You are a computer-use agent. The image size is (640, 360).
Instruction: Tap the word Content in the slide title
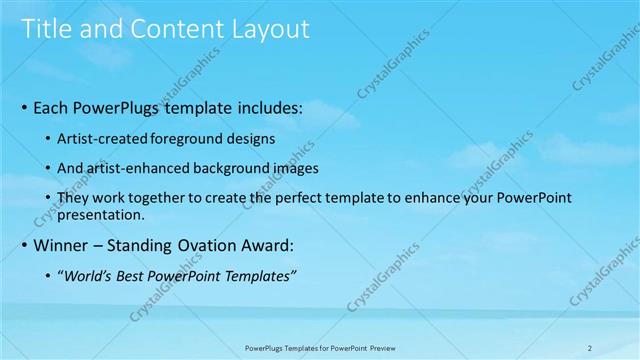pyautogui.click(x=171, y=29)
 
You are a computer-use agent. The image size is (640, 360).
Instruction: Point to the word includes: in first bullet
pyautogui.click(x=269, y=105)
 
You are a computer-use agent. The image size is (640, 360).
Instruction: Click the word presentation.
pyautogui.click(x=104, y=214)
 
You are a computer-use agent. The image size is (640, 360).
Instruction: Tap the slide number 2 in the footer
pyautogui.click(x=589, y=347)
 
